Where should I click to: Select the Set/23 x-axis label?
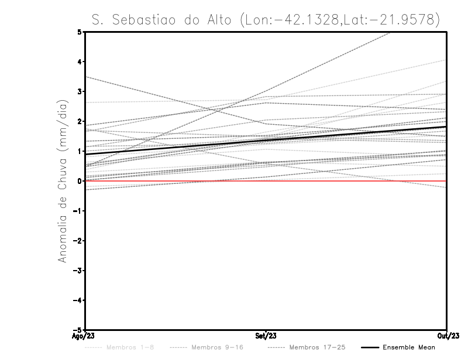[266, 336]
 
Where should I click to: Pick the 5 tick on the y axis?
[80, 32]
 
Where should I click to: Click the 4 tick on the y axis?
[80, 62]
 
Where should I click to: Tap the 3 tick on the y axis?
[80, 91]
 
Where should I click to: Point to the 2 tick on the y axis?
[80, 121]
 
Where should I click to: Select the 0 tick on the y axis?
[80, 181]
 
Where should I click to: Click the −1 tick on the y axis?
[78, 211]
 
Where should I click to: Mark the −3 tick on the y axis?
[78, 271]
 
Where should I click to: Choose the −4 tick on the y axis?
[78, 300]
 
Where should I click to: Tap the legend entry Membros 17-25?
[309, 348]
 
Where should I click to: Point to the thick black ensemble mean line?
[175, 147]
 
